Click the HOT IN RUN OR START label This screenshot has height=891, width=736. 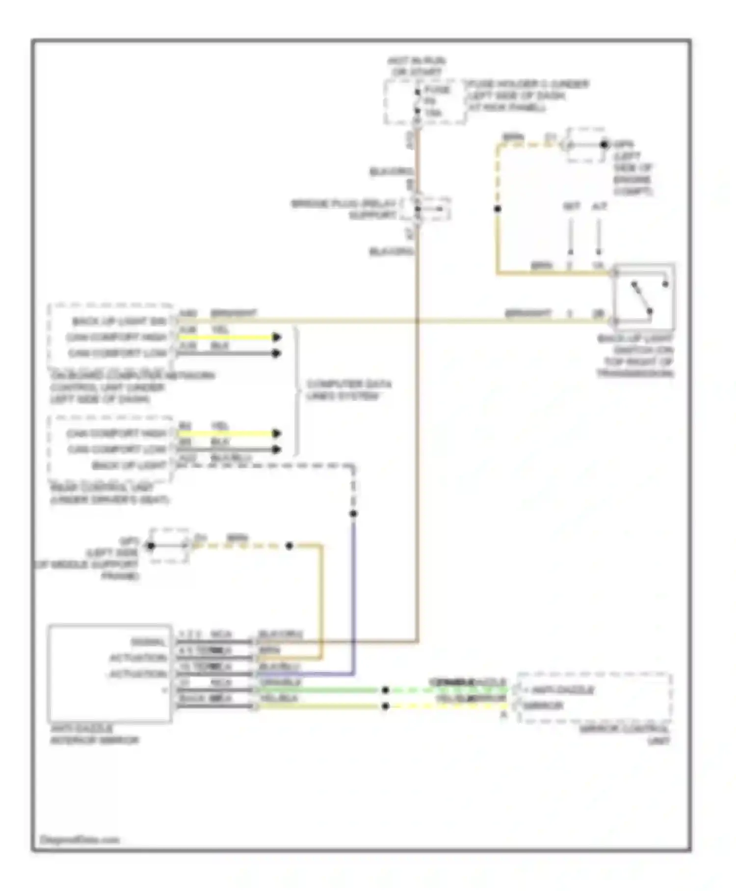(x=416, y=66)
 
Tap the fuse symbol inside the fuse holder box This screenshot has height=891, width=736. (x=417, y=103)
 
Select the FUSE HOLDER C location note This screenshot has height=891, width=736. (x=527, y=96)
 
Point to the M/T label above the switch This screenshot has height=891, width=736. (x=571, y=207)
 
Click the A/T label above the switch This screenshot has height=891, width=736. (x=599, y=207)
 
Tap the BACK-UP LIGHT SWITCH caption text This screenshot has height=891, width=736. (x=635, y=356)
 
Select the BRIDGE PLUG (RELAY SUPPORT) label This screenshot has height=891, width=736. (x=343, y=209)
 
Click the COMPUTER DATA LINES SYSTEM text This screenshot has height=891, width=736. (x=349, y=390)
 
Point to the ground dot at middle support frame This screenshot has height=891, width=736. (x=151, y=546)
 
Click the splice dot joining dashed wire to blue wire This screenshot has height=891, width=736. (x=353, y=514)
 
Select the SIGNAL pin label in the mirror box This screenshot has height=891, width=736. (x=148, y=642)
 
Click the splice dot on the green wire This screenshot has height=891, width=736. (x=386, y=690)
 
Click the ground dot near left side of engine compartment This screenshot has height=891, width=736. (x=604, y=145)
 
